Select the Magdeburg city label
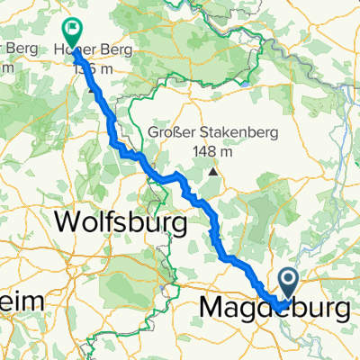[x=274, y=308]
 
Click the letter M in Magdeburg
[x=209, y=308]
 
